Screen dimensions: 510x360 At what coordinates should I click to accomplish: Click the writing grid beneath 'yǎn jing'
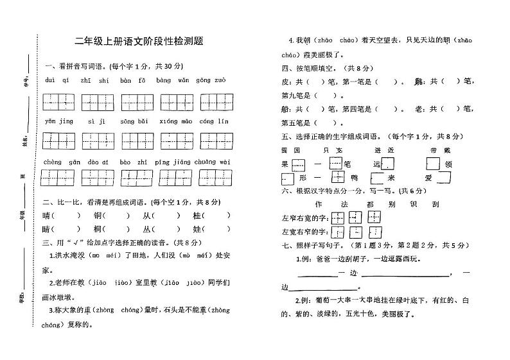pos(58,141)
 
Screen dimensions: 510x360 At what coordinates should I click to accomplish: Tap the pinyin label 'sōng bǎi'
pos(134,121)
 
